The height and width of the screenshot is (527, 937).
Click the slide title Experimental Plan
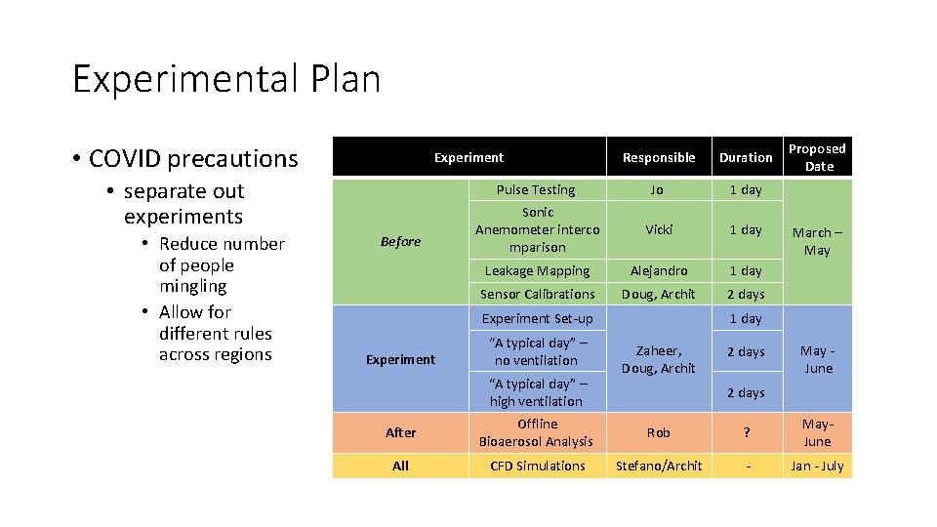(226, 79)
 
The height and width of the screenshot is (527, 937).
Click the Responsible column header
(659, 158)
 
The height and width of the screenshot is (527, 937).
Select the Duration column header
(746, 158)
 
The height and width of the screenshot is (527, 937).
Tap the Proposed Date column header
(818, 157)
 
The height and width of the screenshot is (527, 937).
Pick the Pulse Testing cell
(536, 190)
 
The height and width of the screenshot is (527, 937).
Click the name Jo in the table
(658, 190)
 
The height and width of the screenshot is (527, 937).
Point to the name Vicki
(658, 230)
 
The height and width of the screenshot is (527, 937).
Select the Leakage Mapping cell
(537, 271)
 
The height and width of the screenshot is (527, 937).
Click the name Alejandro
(659, 271)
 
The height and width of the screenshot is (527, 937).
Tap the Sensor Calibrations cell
(537, 294)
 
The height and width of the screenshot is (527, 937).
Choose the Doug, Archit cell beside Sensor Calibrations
(659, 294)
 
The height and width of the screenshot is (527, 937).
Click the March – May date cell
(818, 241)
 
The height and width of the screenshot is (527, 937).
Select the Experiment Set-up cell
(537, 319)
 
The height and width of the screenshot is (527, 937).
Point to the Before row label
(400, 242)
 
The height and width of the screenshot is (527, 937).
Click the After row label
(400, 432)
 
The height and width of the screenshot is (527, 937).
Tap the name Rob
(659, 432)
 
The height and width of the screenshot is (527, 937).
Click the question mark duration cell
(746, 432)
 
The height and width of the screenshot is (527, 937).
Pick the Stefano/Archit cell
(659, 466)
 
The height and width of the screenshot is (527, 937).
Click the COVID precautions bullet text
(193, 159)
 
